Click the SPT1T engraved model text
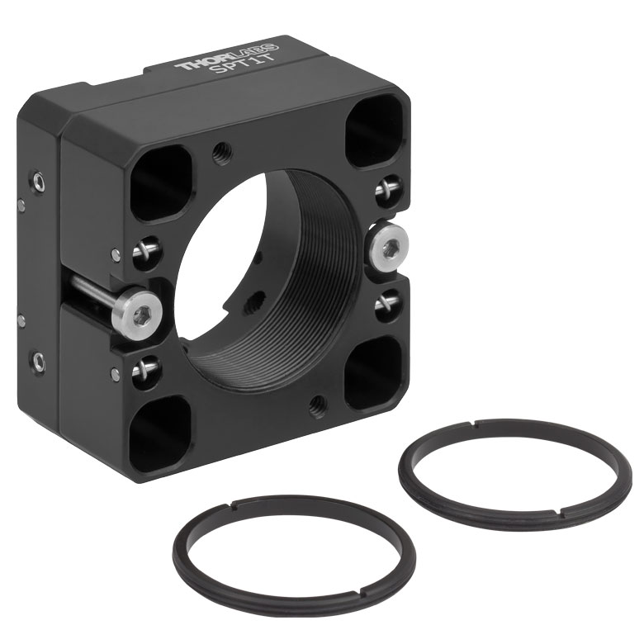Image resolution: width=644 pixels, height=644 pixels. click(241, 65)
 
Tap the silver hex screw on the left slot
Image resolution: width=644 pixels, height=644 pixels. click(141, 314)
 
